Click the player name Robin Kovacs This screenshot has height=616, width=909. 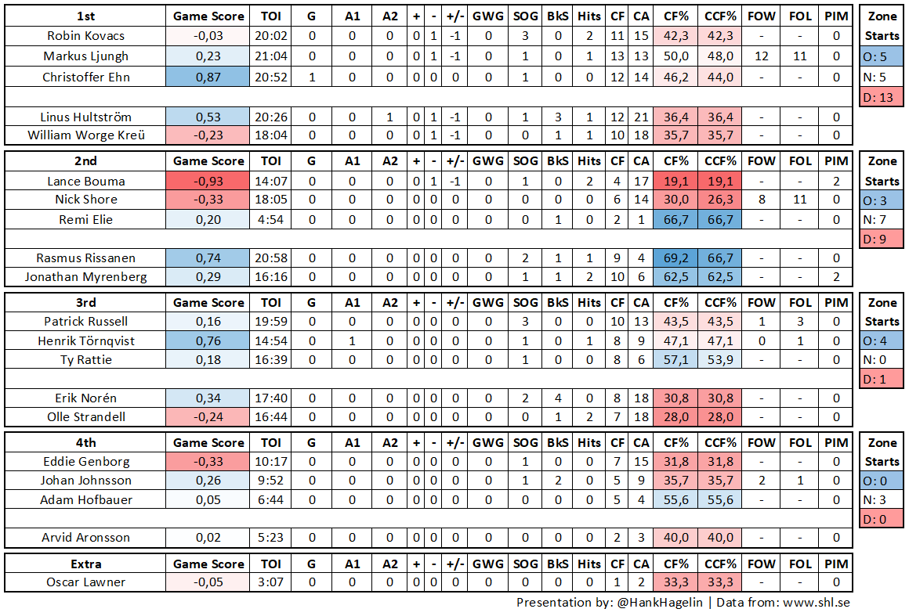(x=85, y=36)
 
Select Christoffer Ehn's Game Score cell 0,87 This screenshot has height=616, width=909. (x=208, y=77)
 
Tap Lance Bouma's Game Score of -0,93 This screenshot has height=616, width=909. (x=208, y=181)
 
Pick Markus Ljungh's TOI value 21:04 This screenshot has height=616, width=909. (x=271, y=56)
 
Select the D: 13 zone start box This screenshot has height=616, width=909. (x=882, y=98)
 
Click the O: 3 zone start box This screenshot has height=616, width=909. (x=882, y=200)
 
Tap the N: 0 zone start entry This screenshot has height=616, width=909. (x=882, y=360)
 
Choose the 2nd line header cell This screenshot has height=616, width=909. (x=85, y=161)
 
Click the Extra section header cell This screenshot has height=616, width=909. (x=85, y=564)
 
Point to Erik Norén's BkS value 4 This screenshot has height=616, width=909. (x=558, y=398)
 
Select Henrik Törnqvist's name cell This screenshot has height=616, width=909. (x=85, y=340)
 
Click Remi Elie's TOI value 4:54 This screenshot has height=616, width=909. (x=271, y=219)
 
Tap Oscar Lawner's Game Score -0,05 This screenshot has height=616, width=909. (x=208, y=582)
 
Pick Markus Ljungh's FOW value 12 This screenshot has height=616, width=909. (x=761, y=56)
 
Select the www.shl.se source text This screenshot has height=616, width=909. (x=816, y=603)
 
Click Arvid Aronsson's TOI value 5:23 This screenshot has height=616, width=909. (x=271, y=538)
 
